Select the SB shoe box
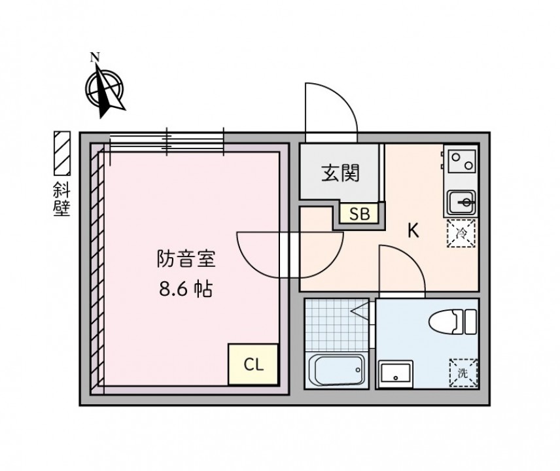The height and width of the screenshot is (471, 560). [x=359, y=213]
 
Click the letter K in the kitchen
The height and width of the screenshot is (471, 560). [x=413, y=231]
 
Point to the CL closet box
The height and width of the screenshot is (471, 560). [x=253, y=364]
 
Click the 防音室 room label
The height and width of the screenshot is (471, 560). [x=186, y=258]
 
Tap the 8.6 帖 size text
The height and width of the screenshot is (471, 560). [x=186, y=289]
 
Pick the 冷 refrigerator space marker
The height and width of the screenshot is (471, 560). [x=461, y=234]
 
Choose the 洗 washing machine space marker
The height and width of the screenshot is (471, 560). [x=463, y=373]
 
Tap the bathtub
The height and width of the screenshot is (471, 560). [x=336, y=370]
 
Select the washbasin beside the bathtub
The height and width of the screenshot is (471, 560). [x=396, y=374]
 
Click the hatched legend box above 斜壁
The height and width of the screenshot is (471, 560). [x=62, y=153]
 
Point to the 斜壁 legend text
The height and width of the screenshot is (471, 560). [x=62, y=200]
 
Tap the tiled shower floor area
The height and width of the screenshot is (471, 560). [x=336, y=324]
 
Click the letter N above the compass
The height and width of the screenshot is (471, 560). [x=95, y=57]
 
